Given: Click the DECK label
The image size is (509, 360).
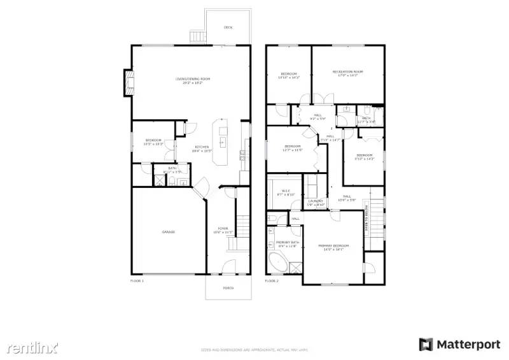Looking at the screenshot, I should click(x=228, y=27).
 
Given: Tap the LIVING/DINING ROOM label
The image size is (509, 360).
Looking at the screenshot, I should click(x=193, y=80).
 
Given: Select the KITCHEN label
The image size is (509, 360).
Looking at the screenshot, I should click(x=202, y=149).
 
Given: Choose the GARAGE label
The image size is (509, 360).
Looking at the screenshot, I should click(x=169, y=232).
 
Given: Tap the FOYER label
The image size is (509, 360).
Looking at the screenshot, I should click(x=223, y=229).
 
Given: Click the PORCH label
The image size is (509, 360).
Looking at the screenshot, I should click(x=228, y=288).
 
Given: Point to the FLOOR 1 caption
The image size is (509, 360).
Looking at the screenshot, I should click(x=137, y=280).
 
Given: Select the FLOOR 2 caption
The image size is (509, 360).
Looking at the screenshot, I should click(x=272, y=280).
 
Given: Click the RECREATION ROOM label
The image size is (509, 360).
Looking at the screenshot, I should click(x=347, y=73).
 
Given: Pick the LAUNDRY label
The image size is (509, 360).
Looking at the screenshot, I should click(x=316, y=202).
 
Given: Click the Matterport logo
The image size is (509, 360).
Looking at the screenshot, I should click(x=459, y=344).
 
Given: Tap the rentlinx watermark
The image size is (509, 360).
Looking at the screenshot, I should click(x=32, y=347).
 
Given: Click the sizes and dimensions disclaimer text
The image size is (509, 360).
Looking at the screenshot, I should click(x=254, y=350).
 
